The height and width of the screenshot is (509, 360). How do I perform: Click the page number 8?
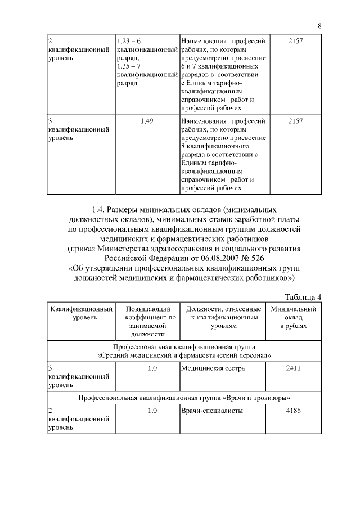(319, 26)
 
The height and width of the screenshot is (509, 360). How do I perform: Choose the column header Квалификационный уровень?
(80, 313)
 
